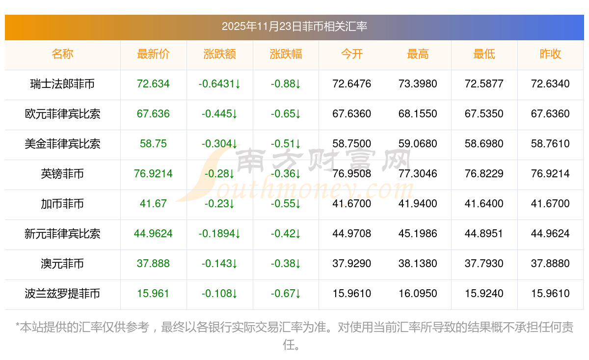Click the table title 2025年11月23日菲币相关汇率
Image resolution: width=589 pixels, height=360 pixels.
(x=294, y=27)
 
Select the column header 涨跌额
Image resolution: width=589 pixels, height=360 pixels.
(x=219, y=55)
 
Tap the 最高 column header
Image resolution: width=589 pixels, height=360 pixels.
(x=418, y=55)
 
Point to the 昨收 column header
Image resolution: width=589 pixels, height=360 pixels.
(x=550, y=55)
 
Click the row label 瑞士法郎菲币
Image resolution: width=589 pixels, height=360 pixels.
(x=62, y=84)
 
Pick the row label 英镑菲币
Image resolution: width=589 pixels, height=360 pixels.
(x=62, y=174)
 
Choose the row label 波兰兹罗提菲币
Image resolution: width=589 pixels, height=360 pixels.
(x=62, y=294)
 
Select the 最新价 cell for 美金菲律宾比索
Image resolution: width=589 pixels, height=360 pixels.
(x=153, y=144)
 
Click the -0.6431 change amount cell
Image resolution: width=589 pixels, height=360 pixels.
(x=219, y=84)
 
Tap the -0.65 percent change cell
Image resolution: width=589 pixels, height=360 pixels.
(x=286, y=114)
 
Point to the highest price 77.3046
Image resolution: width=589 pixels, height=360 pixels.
(x=418, y=174)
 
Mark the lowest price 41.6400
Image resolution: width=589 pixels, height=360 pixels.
(x=484, y=204)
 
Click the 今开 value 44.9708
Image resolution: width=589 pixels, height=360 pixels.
(x=352, y=234)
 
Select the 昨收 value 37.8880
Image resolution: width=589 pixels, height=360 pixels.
(x=550, y=264)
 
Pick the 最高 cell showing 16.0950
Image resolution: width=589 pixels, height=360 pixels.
(x=418, y=294)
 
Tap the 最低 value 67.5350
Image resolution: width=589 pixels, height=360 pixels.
(x=484, y=114)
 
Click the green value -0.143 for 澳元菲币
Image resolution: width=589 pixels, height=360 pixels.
(x=219, y=264)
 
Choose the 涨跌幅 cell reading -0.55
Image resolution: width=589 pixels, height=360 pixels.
(x=286, y=204)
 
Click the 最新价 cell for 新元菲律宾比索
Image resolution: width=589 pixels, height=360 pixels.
(x=153, y=234)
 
